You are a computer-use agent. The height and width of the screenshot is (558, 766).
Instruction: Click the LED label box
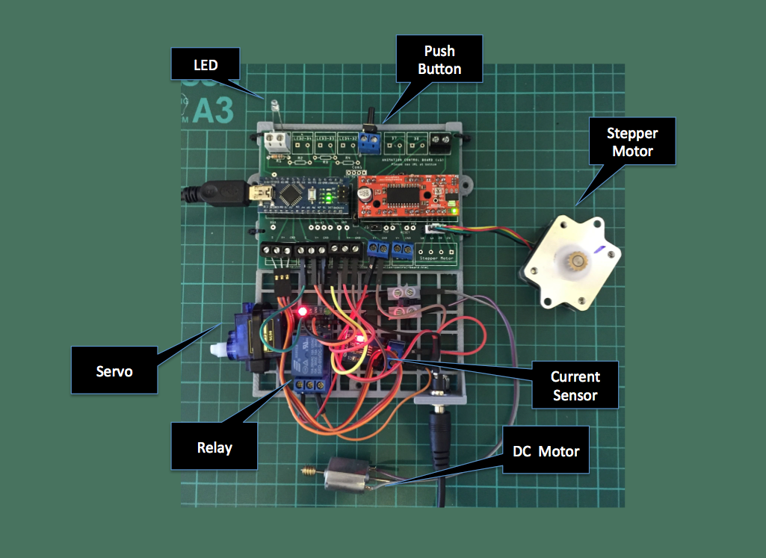click(x=206, y=64)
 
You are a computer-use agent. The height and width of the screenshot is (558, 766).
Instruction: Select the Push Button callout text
click(x=439, y=61)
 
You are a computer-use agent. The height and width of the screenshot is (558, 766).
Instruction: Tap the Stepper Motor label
click(x=632, y=142)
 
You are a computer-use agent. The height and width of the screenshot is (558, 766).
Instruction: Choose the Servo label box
click(x=114, y=370)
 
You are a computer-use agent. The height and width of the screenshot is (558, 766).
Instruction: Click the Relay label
click(x=214, y=447)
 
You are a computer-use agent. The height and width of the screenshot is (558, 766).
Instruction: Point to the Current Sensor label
click(x=575, y=385)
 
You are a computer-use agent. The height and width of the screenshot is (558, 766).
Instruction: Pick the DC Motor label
click(x=546, y=451)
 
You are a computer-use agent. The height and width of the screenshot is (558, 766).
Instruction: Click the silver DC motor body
click(x=348, y=477)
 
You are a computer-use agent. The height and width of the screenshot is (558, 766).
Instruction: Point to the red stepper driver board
click(x=404, y=196)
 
